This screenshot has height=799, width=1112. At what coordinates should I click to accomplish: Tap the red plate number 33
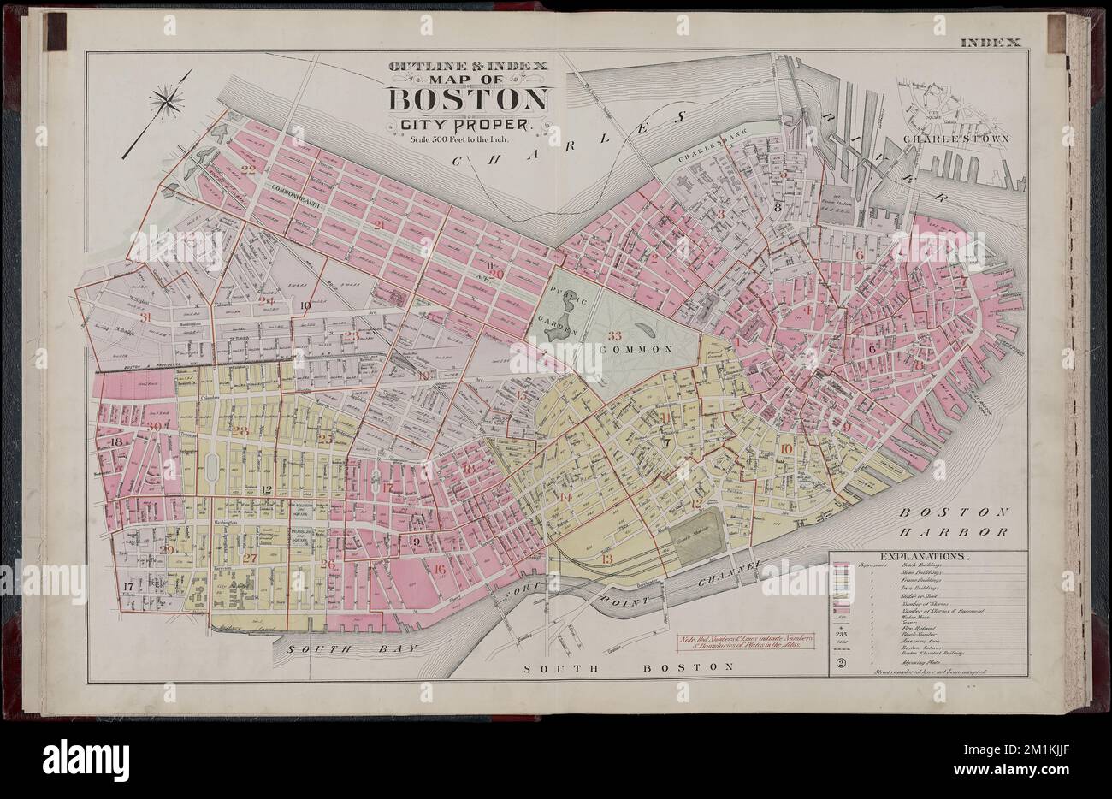(613, 335)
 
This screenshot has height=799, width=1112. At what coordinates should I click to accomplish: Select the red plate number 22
(249, 169)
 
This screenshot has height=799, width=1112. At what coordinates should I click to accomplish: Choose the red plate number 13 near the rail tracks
(606, 559)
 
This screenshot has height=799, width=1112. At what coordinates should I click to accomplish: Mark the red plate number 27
(250, 558)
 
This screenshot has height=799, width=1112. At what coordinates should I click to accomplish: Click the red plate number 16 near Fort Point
(440, 568)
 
